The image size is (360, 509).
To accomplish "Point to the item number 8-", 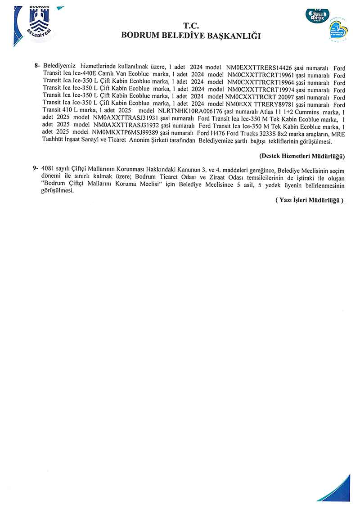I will pos(38,66).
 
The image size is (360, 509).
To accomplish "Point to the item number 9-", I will pos(36,168).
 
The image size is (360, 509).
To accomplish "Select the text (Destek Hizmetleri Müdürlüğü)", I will pos(302,156).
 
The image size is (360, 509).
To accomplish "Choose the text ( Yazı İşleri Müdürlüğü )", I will pos(309,200).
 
